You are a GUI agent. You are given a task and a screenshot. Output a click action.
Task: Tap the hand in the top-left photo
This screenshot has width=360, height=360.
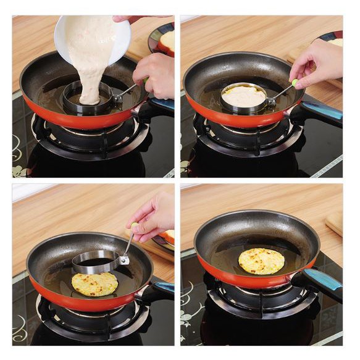pos(155,73)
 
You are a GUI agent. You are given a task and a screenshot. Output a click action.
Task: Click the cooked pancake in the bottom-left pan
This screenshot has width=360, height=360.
pos(94,283)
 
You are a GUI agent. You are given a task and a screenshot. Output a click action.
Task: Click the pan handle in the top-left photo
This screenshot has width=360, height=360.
pos(157,107)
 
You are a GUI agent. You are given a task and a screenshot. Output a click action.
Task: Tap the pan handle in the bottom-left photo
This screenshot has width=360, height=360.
pos(157,290)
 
